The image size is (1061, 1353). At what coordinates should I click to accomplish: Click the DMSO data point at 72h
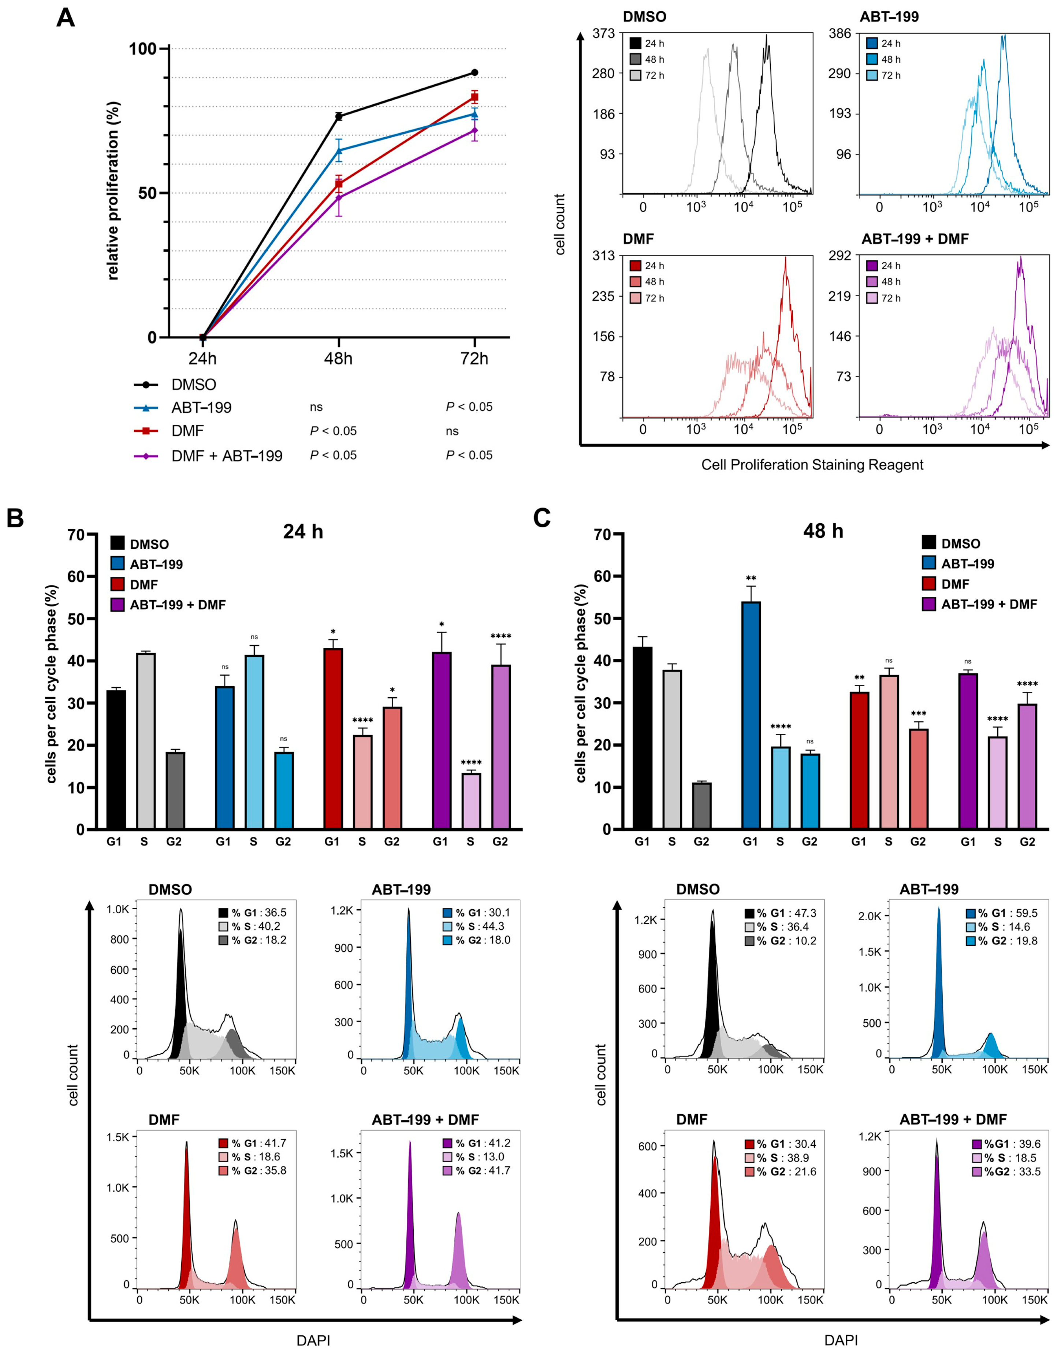pos(474,73)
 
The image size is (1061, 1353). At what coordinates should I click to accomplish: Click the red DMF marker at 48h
pos(339,184)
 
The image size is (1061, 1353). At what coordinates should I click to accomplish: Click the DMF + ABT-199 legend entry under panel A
pos(208,456)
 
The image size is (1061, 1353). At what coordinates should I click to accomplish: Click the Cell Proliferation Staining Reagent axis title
pos(812,465)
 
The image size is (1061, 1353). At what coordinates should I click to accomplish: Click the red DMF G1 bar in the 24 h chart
pos(333,739)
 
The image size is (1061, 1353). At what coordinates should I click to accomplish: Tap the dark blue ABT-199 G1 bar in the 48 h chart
pos(751,715)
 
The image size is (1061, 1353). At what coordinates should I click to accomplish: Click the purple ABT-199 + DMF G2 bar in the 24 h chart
pos(501,747)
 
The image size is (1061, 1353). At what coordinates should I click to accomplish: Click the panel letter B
pos(15,518)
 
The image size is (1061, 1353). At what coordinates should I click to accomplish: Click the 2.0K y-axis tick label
pos(870,916)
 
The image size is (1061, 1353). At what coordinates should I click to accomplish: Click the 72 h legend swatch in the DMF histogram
pos(636,298)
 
